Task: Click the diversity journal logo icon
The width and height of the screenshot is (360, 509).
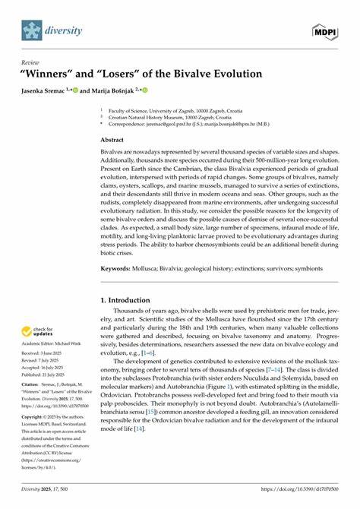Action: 30,30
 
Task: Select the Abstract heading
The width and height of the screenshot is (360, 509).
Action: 113,141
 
